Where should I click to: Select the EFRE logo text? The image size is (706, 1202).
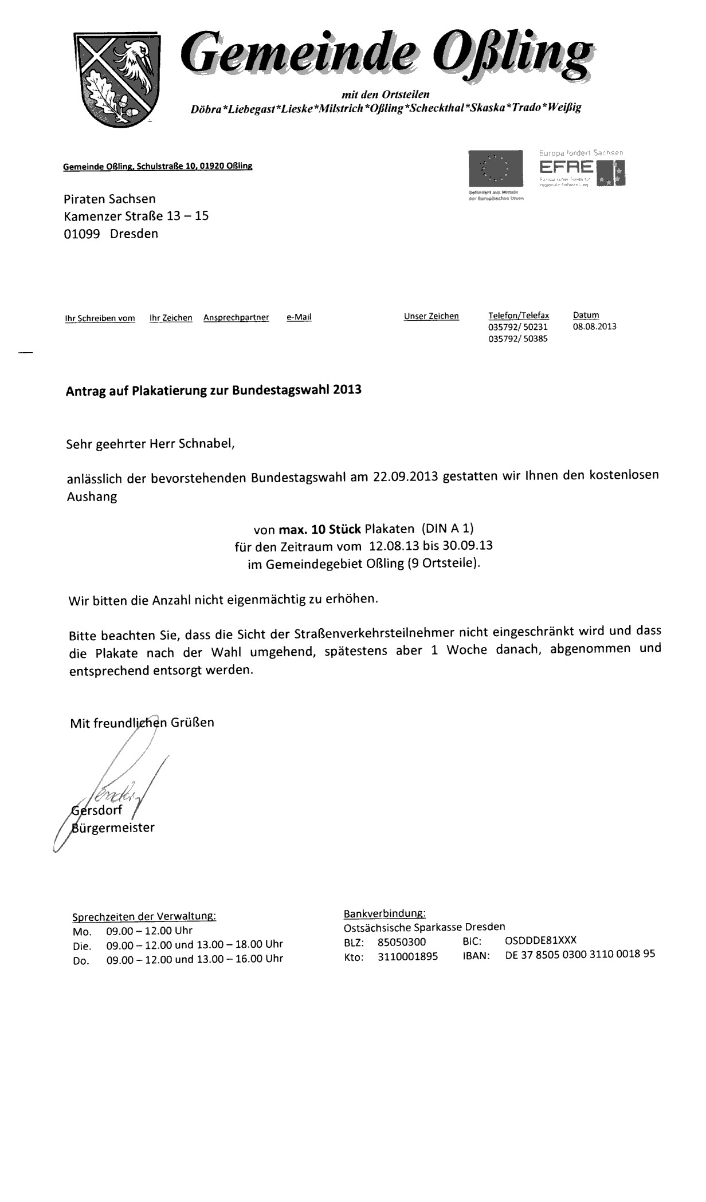[567, 167]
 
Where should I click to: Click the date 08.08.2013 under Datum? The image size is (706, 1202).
[594, 327]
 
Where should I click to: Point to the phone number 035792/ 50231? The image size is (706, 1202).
[518, 327]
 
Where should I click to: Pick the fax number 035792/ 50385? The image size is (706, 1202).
[518, 338]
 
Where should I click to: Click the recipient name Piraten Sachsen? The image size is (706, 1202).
[109, 199]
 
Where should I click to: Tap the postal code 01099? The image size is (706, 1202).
[82, 234]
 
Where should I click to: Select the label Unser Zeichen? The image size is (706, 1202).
[431, 316]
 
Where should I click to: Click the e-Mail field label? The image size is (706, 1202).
[299, 317]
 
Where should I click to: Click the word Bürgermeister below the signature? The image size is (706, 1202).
[113, 827]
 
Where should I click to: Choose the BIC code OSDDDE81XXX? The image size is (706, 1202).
[540, 940]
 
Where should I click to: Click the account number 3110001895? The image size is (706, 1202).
[407, 956]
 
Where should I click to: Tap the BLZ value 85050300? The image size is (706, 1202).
[401, 941]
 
